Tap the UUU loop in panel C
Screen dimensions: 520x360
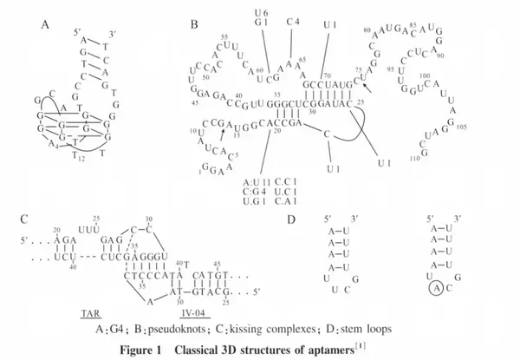pyautogui.click(x=89, y=225)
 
